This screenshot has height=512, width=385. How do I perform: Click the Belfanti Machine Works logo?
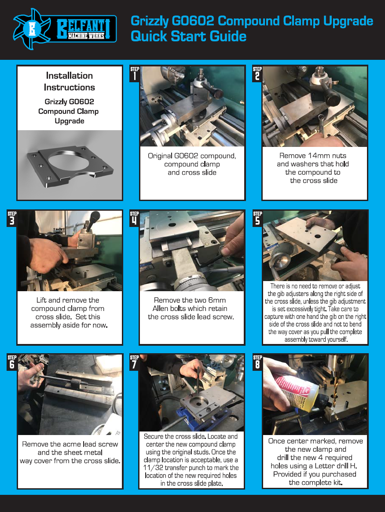65,29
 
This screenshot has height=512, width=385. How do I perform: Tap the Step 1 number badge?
135,74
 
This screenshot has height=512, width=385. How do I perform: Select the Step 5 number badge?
257,219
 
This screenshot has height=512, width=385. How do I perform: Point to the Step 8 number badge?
257,362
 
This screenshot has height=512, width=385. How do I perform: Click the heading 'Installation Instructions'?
70,82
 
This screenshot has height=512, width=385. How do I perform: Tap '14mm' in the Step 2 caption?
312,156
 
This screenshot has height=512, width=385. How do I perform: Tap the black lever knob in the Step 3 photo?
94,217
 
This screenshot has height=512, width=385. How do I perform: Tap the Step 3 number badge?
12,219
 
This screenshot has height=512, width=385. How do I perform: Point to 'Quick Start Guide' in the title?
188,36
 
